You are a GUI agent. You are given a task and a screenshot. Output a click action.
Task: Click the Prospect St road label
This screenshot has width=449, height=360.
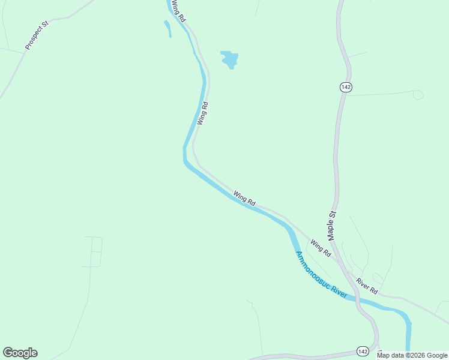tap(37, 36)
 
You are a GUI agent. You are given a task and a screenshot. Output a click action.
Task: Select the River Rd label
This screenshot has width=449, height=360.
tap(366, 286)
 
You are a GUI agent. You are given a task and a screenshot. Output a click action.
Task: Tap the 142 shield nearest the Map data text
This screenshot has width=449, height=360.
tap(362, 351)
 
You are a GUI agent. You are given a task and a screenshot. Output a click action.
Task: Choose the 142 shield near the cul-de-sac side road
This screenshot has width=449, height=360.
tap(345, 87)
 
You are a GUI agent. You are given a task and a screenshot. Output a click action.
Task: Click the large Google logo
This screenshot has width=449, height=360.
tap(20, 353)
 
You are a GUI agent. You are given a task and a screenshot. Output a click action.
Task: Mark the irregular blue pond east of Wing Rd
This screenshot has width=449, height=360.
tap(229, 59)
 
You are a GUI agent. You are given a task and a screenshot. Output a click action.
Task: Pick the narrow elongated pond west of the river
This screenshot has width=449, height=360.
tap(167, 28)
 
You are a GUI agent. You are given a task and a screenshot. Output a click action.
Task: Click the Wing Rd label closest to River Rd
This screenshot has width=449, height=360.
tap(321, 248)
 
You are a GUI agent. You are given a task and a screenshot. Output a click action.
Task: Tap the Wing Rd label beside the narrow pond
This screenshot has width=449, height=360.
tap(178, 11)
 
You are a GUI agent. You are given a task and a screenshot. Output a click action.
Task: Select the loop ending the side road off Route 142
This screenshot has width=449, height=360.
tap(418, 95)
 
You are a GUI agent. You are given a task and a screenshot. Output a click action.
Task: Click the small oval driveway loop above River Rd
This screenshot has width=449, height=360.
tap(377, 278)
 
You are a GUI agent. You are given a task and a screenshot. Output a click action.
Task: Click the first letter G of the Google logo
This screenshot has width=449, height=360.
tap(8, 353)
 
